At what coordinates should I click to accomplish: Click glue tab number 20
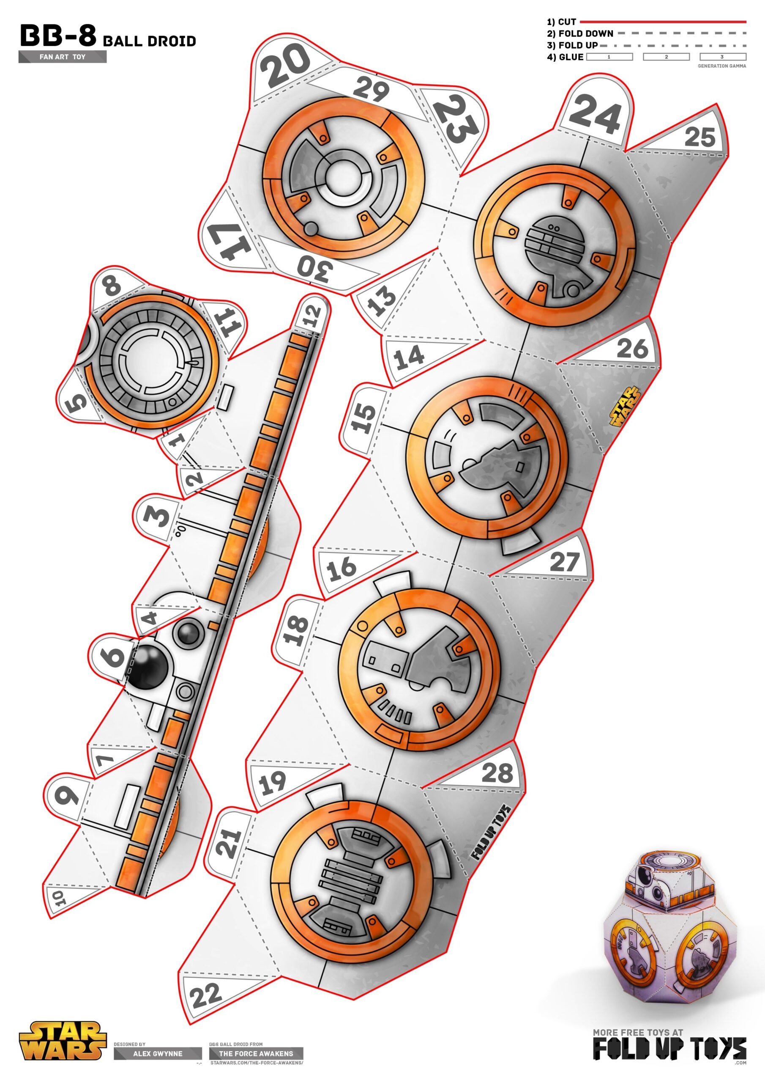coord(285,64)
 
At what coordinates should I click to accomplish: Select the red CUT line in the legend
coord(662,22)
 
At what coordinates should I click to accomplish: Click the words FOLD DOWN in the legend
coord(585,33)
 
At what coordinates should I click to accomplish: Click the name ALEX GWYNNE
coord(157,1053)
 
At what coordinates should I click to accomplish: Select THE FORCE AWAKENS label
coord(256,1053)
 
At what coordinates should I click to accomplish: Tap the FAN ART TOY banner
coord(63,57)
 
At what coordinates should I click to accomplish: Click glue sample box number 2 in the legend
coord(666,57)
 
